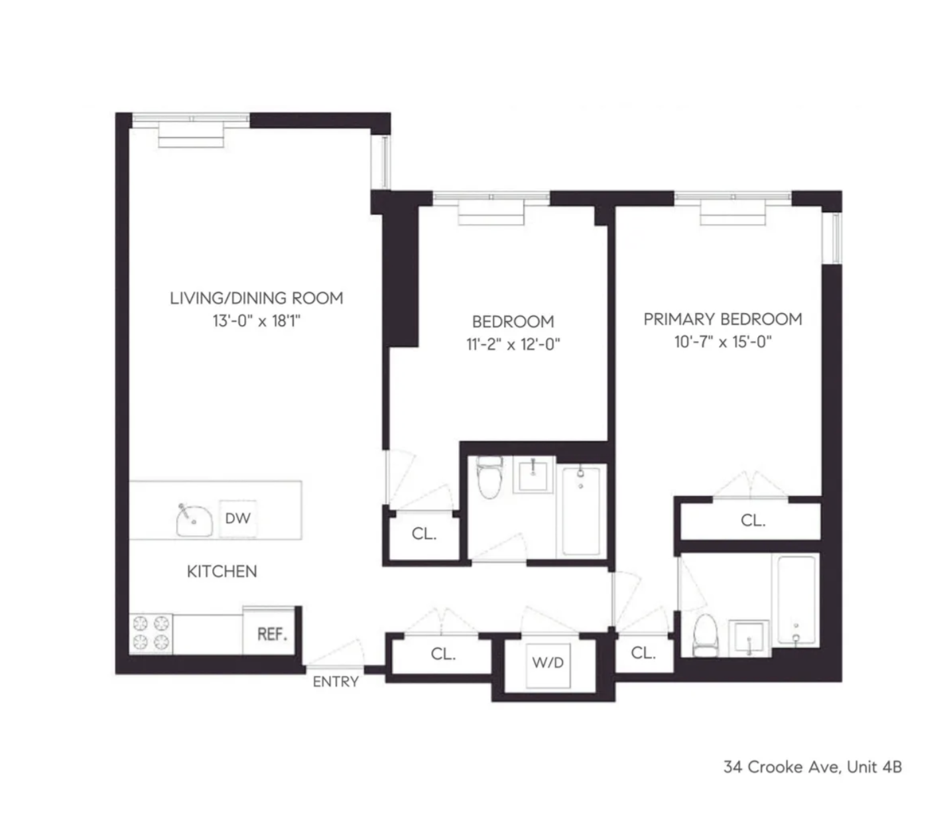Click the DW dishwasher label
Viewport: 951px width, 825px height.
(237, 518)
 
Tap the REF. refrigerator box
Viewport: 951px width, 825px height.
(272, 633)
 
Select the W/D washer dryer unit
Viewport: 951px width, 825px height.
(547, 663)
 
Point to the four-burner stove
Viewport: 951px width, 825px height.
(150, 633)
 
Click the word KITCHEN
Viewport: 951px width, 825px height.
(222, 571)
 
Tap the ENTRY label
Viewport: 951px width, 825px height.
(336, 682)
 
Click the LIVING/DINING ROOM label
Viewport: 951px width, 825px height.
(257, 298)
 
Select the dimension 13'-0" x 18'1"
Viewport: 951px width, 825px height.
(257, 321)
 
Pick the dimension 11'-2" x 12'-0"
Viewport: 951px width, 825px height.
(513, 344)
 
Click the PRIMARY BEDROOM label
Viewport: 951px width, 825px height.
(722, 319)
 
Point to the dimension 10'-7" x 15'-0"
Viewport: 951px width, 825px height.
(722, 342)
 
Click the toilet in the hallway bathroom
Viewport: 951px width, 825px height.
(490, 478)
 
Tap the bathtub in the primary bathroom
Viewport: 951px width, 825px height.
(796, 601)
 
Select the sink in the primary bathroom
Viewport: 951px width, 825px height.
(749, 637)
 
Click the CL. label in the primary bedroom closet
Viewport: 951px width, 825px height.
(753, 521)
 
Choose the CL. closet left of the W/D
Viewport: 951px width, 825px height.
(442, 654)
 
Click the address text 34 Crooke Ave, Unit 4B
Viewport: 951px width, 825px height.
(812, 767)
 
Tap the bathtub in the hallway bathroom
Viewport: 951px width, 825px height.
(581, 511)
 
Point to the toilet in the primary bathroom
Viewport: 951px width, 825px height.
(704, 634)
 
